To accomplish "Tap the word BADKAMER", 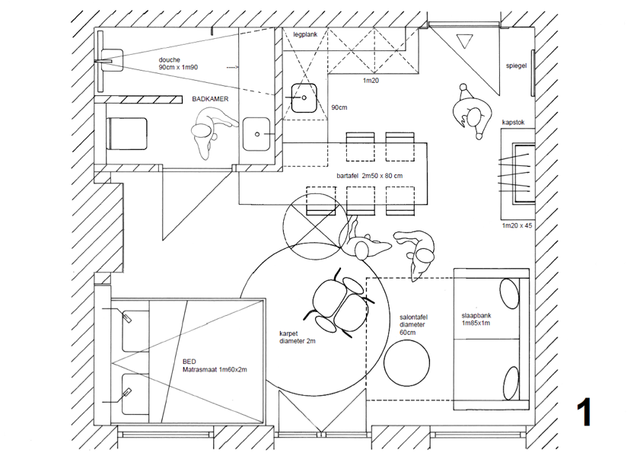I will (211, 99).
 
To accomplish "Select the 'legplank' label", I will (309, 35).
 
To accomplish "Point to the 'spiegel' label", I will (517, 66).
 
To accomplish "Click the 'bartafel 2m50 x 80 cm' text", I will (370, 176).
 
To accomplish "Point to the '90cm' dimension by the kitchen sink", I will (339, 107).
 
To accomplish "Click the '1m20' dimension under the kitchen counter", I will (371, 80).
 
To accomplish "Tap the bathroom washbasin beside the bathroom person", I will (257, 134).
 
